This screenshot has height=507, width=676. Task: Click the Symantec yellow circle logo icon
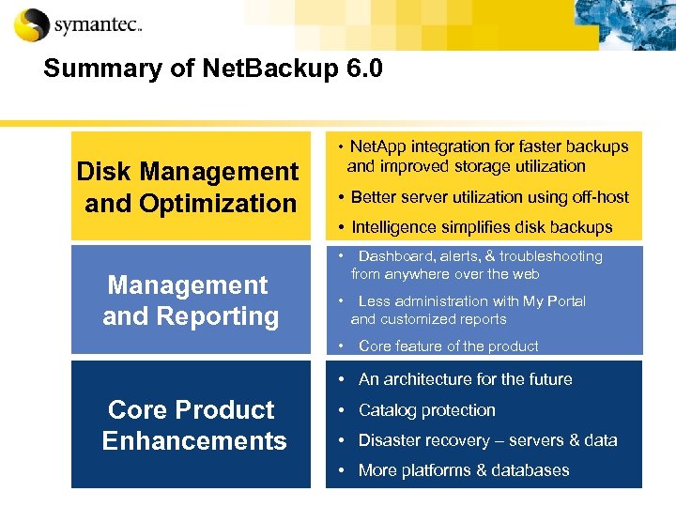31,24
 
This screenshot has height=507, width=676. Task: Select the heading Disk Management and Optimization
188,187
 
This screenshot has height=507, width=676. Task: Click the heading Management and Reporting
190,300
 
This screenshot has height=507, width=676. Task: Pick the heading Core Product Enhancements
192,425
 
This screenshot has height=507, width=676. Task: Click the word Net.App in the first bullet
379,146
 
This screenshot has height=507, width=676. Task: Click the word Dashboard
398,256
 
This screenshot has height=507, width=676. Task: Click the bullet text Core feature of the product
448,346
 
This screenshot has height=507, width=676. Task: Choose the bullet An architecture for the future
465,379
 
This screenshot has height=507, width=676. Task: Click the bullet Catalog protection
426,410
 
